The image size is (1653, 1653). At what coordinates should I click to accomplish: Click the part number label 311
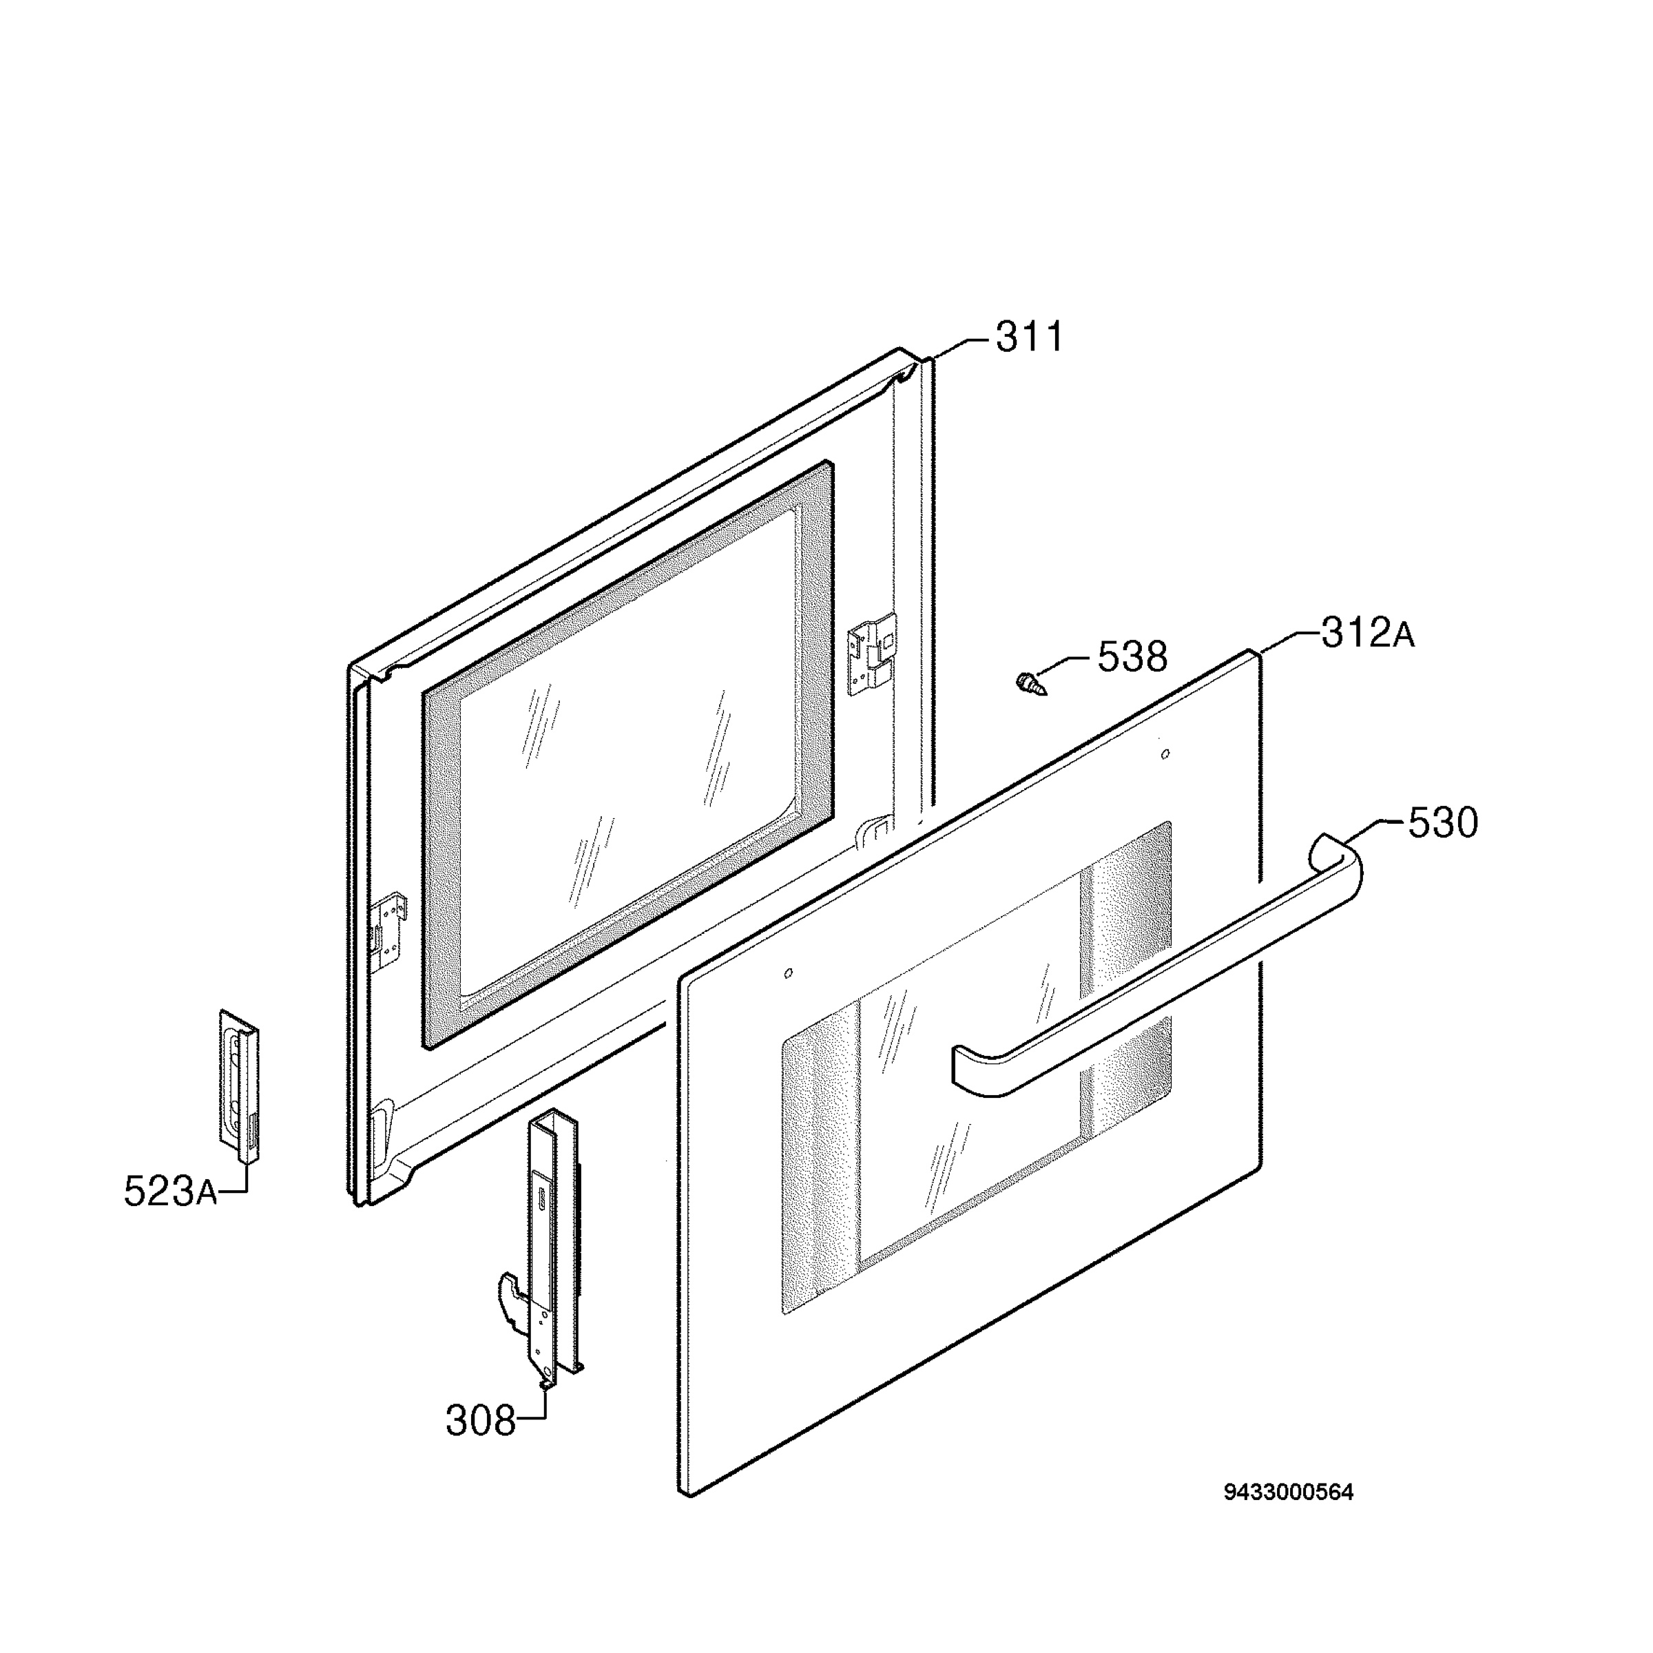tap(1030, 337)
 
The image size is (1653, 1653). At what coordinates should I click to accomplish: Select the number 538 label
tap(1132, 657)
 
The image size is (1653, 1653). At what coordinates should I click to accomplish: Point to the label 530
tap(1442, 823)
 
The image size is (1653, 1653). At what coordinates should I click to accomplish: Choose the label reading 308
tap(480, 1422)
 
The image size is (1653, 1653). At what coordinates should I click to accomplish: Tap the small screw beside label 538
tap(1032, 684)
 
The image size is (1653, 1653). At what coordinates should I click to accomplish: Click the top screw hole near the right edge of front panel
tap(1165, 753)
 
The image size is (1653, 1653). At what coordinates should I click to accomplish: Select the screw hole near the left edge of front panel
tap(788, 973)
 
